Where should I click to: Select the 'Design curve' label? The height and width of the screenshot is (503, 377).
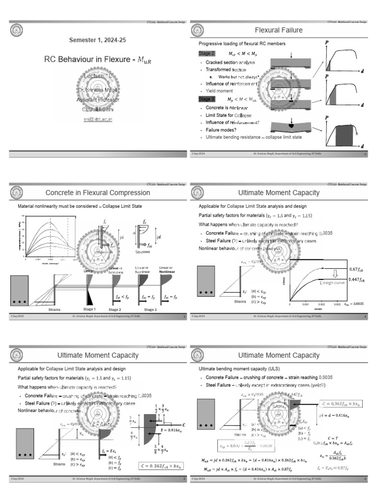point(333,283)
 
